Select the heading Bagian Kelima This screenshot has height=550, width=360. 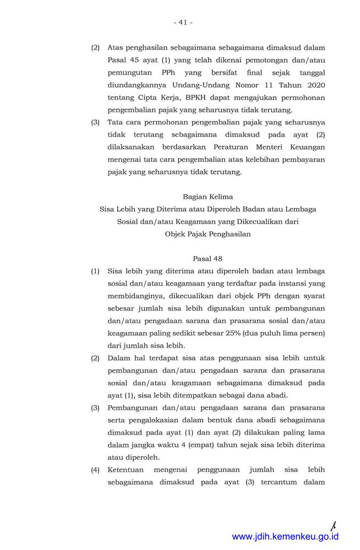(x=208, y=196)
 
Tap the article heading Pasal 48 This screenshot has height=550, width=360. (x=208, y=258)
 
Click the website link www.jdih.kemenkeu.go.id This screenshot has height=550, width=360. (x=285, y=536)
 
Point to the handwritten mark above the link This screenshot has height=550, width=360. (x=334, y=523)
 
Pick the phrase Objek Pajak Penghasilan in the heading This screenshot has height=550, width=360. (x=208, y=234)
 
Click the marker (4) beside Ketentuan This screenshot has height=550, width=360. (x=95, y=471)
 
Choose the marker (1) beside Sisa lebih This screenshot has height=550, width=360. (x=95, y=271)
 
